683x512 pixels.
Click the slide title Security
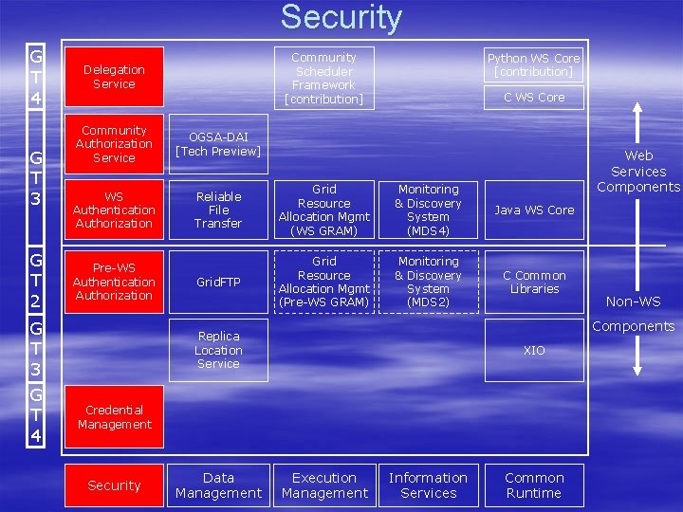coord(341,18)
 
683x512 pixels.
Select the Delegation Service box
coord(114,77)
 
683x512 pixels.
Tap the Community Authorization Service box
coord(114,144)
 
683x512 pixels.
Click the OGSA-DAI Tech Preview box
coord(218,144)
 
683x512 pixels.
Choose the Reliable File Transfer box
coord(218,210)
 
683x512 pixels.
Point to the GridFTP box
coord(218,282)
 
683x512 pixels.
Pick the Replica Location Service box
coord(218,350)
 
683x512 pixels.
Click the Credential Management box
coord(114,417)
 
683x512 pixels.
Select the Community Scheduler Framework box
coord(323,78)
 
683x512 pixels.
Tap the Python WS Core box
coord(534,64)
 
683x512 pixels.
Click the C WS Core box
coord(534,97)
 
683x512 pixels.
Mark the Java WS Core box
coord(534,210)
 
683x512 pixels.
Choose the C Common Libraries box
coord(534,282)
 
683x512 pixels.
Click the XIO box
coord(534,350)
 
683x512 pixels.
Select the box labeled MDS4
coord(428,210)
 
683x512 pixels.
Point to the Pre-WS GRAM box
coord(323,282)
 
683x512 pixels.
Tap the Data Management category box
coord(218,485)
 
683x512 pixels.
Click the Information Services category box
coord(428,485)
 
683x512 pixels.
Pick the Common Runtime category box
coord(534,485)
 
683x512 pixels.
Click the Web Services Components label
coord(638,172)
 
